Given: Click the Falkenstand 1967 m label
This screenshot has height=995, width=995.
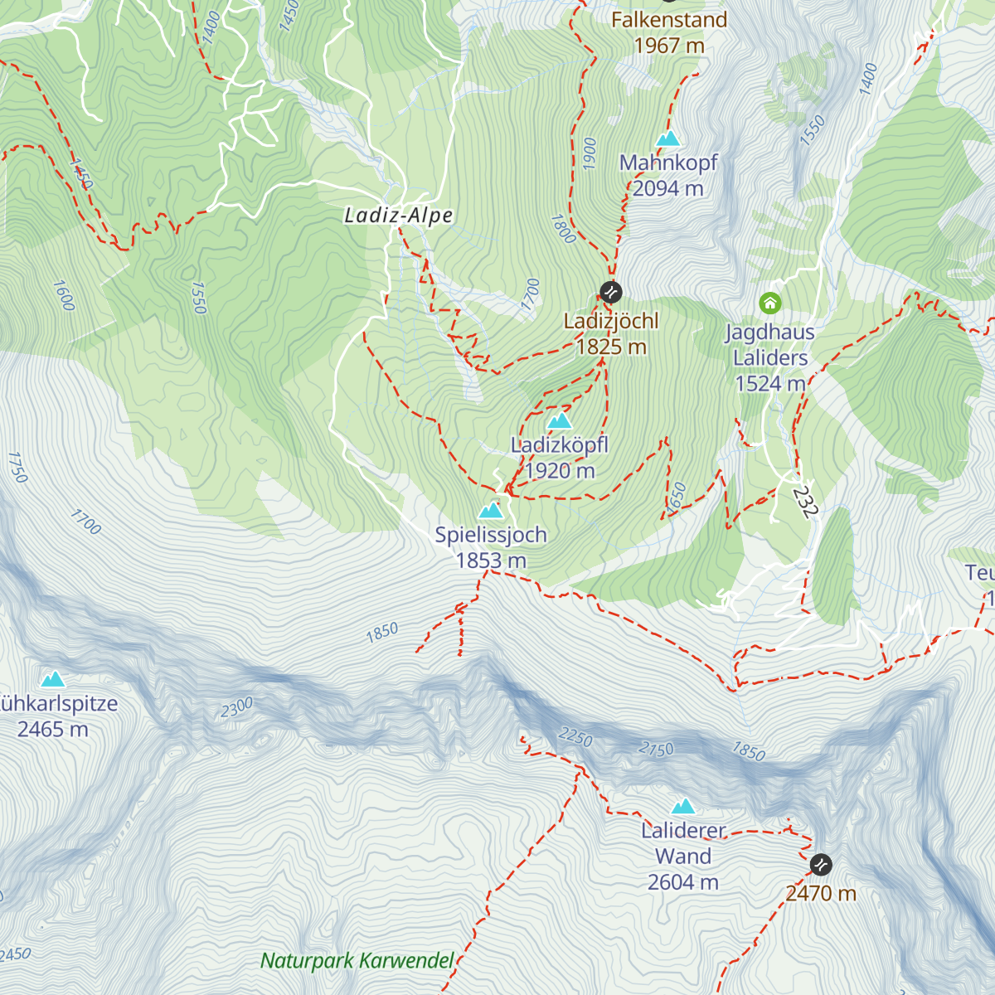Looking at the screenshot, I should point(668,32).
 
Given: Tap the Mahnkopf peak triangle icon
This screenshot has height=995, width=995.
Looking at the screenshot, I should point(668,138).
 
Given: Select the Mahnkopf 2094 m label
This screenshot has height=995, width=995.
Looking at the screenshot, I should point(668,175).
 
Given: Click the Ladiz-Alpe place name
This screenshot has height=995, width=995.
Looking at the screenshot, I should point(399,216).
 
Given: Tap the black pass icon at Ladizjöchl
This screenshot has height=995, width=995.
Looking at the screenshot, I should point(610,291).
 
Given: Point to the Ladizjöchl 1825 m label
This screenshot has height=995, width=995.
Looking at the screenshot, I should point(611,333).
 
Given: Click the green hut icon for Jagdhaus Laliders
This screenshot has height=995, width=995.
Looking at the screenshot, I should point(770,303).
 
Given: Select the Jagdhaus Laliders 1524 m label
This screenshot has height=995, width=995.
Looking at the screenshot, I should point(770,357).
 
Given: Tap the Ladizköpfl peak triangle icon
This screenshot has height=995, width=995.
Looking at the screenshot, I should point(561,421).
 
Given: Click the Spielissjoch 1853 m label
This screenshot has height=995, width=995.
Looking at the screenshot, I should point(491,547).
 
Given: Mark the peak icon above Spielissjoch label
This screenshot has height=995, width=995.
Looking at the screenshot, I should point(491,510).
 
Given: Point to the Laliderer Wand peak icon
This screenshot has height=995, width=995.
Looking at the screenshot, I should point(683,806).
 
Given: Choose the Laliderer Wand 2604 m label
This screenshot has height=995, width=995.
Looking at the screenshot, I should point(683,856).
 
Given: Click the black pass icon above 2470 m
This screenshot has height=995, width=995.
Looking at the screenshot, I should point(821,864).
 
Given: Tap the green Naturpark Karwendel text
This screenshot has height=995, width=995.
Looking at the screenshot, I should point(357,961).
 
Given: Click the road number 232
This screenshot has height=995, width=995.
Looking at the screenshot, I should point(804,502).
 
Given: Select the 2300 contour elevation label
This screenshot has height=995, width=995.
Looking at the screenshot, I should point(236,708).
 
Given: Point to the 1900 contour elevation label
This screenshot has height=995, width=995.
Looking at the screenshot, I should point(590,153).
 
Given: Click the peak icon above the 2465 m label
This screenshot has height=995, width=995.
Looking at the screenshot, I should point(54,680).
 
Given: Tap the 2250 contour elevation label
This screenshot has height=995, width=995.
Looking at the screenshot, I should point(575,736).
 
